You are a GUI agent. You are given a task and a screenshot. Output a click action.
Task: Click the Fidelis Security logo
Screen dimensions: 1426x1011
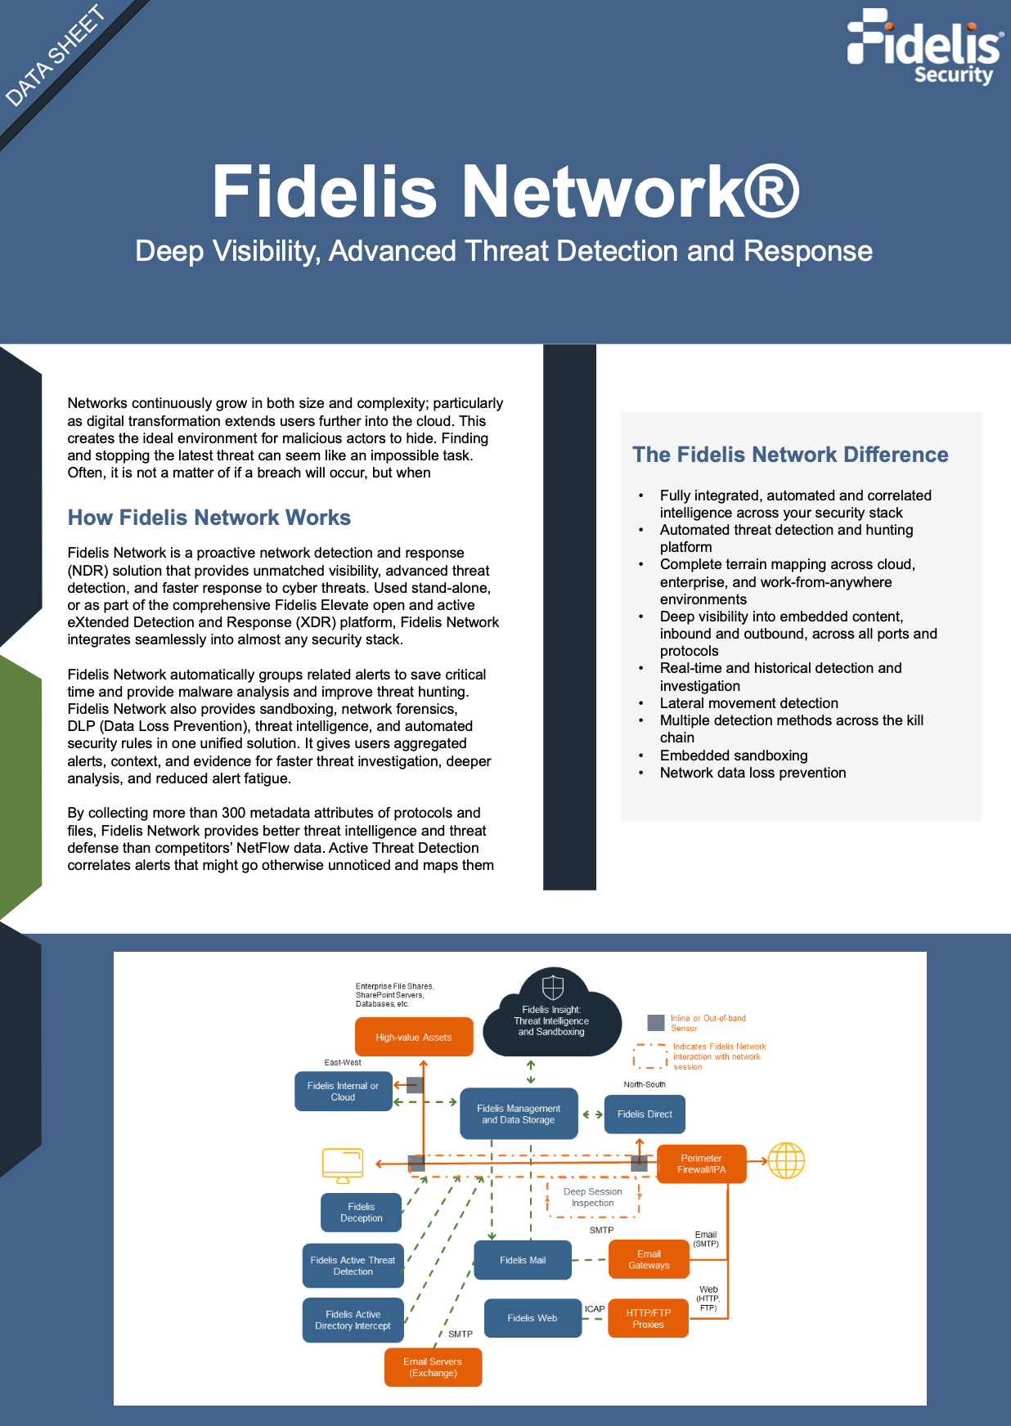click(924, 47)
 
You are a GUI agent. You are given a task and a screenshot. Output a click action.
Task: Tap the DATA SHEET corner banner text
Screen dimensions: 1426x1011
click(56, 56)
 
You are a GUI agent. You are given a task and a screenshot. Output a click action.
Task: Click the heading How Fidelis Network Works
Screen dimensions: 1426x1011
click(209, 518)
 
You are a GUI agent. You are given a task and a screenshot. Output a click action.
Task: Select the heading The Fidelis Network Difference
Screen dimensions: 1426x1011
click(789, 455)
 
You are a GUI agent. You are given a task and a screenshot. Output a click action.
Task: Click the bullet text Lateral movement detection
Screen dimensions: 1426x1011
click(748, 703)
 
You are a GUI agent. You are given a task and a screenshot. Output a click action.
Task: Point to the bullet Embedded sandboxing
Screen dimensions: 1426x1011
click(733, 756)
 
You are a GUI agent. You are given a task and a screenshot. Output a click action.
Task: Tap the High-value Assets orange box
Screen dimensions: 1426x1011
click(414, 1037)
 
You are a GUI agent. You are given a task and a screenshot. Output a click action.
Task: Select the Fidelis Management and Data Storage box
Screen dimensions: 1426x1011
click(519, 1114)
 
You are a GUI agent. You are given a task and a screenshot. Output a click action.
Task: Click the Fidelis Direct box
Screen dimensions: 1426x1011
click(645, 1114)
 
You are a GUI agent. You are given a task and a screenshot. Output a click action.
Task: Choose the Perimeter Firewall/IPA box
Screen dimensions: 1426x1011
click(701, 1164)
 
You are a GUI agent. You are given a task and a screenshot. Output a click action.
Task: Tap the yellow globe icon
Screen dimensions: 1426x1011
click(786, 1160)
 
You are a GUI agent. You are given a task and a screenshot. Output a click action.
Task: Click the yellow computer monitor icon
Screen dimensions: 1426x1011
click(343, 1165)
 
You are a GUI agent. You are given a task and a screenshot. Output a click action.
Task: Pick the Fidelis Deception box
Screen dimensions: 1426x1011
click(361, 1212)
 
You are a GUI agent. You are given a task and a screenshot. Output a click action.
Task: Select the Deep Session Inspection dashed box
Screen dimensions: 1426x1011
click(593, 1198)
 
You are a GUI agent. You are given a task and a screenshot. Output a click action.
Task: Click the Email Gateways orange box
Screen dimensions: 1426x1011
click(649, 1259)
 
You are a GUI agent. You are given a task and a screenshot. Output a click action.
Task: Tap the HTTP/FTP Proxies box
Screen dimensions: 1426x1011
click(648, 1318)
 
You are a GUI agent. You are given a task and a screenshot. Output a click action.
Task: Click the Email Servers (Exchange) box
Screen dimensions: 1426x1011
click(433, 1367)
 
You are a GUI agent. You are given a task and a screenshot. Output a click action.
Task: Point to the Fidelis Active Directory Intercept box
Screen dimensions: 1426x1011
click(353, 1320)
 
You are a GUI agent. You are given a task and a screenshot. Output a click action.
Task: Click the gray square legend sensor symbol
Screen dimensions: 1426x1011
click(655, 1023)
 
